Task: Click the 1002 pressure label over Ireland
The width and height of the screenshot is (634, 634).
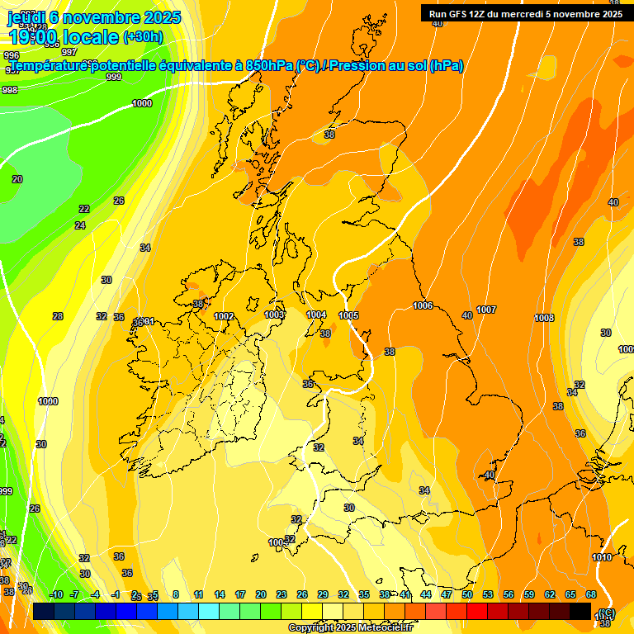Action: click(224, 316)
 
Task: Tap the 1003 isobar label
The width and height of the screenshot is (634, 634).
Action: click(274, 315)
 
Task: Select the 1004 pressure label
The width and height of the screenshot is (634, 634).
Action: click(316, 315)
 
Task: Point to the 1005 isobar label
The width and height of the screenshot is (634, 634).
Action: click(348, 315)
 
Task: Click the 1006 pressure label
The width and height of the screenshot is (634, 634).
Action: click(423, 306)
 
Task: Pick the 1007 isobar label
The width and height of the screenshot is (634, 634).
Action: click(486, 310)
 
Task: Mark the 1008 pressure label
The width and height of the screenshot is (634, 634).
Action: click(544, 318)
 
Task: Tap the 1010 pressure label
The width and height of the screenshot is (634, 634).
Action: click(602, 557)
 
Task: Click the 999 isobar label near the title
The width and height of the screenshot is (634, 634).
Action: click(114, 77)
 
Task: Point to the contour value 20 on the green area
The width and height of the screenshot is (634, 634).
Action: click(17, 179)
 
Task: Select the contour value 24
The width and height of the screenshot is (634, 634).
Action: click(80, 225)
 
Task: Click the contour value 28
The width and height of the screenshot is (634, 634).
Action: click(58, 316)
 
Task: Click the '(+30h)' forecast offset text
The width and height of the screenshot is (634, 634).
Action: click(143, 37)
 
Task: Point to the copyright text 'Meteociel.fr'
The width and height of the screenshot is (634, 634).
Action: click(382, 628)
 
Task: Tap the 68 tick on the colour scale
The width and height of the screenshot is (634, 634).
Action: click(591, 594)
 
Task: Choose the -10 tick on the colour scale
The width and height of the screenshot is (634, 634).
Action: click(56, 594)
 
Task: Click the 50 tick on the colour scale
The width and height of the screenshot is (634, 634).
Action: click(467, 594)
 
